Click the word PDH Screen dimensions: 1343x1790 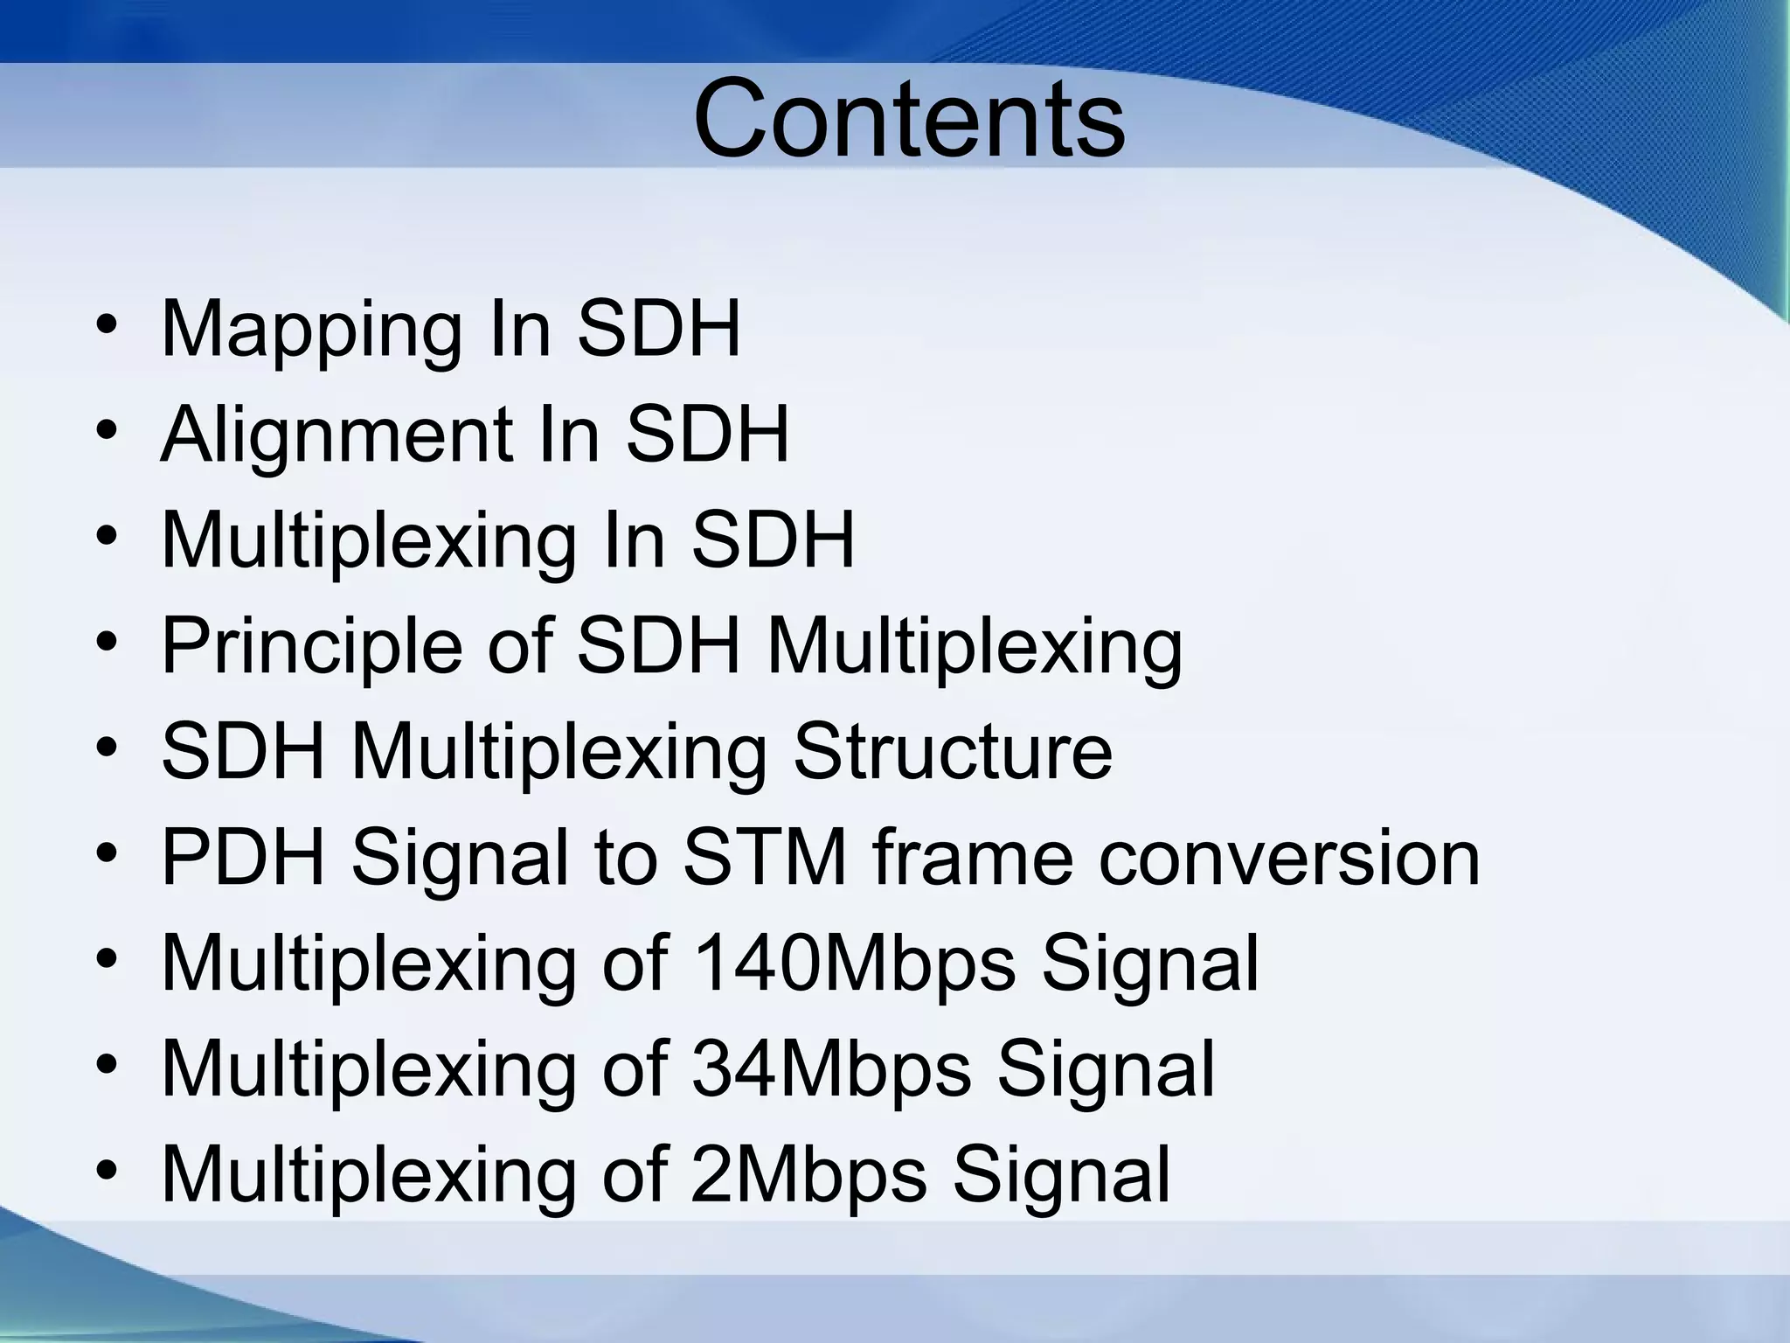click(244, 859)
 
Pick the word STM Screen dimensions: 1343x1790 click(764, 859)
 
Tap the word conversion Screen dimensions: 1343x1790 click(1288, 859)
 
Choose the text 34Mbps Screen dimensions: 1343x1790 click(830, 1069)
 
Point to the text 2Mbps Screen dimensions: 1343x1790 click(808, 1175)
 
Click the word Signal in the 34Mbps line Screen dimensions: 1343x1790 click(1106, 1071)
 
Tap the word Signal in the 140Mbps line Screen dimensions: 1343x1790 click(1149, 965)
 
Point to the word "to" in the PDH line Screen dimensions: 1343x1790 click(625, 859)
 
